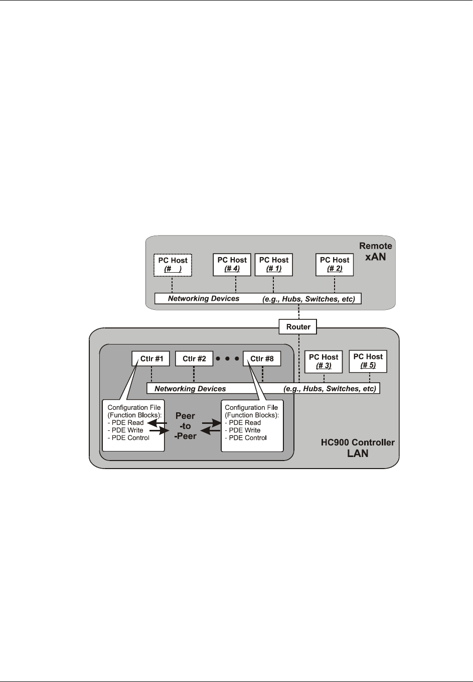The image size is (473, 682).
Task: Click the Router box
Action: (298, 327)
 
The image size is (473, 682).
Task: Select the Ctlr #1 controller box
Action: (150, 359)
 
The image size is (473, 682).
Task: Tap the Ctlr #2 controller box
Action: (194, 359)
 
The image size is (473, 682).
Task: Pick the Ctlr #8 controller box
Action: (262, 359)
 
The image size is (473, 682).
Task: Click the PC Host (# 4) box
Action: (232, 264)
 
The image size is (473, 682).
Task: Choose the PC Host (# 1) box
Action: (274, 264)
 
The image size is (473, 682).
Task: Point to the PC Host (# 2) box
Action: (335, 264)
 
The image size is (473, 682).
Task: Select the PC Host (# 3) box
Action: (324, 361)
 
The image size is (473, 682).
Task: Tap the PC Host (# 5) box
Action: (368, 361)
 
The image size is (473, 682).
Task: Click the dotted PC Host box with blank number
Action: (173, 264)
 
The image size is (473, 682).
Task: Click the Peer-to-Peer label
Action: (185, 426)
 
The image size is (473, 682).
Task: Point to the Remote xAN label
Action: (376, 251)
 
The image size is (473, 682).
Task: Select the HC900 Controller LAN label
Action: (358, 448)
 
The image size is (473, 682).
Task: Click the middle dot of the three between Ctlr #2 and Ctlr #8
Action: (227, 359)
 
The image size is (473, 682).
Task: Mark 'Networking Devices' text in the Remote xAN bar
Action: (204, 299)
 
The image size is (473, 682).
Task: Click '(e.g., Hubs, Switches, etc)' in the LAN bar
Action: (330, 389)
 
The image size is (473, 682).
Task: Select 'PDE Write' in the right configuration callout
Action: (245, 430)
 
